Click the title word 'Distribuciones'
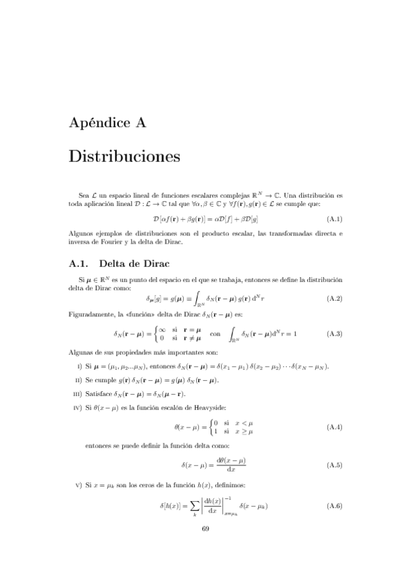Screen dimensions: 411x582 [124, 156]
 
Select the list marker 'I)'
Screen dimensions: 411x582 [80, 366]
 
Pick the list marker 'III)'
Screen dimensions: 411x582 [78, 394]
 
